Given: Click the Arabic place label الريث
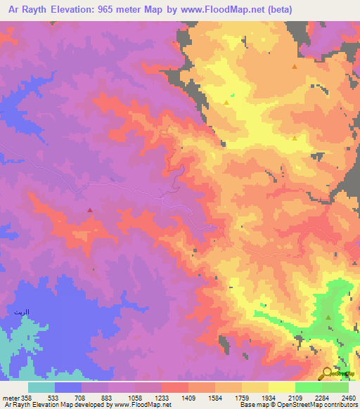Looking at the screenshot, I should click(x=22, y=310).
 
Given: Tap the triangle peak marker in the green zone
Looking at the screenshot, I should click(x=328, y=318).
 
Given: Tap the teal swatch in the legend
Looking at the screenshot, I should click(x=41, y=387).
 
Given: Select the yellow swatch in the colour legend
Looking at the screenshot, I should click(x=281, y=387).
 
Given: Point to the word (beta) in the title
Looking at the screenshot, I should click(x=275, y=11).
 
